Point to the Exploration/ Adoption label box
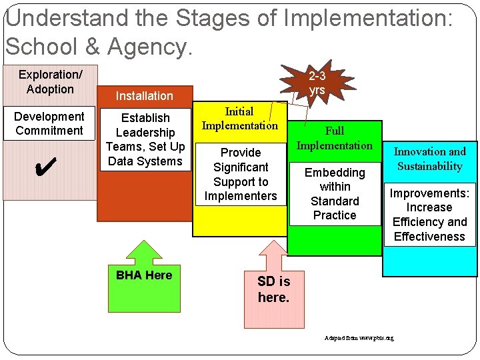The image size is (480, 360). [50, 82]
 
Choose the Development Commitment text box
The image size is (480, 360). [49, 123]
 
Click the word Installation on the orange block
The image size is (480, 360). [144, 96]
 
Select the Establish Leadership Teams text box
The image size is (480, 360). [145, 140]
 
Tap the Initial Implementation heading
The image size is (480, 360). [240, 119]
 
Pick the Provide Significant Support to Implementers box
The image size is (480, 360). [240, 174]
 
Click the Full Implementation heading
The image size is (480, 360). [335, 138]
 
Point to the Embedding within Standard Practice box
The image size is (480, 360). [335, 194]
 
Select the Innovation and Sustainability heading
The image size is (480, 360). [429, 159]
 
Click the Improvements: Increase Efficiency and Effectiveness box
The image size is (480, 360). [429, 215]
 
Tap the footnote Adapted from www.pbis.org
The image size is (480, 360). [359, 338]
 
